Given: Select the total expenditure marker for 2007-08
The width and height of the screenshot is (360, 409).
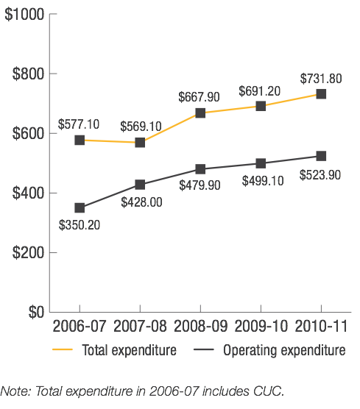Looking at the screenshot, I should tap(140, 142).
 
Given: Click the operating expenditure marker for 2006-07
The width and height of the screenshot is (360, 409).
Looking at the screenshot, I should tap(80, 207).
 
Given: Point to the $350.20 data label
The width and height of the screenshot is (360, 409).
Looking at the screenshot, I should tap(80, 224).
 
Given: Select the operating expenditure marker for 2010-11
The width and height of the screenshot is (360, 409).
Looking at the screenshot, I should tap(321, 156).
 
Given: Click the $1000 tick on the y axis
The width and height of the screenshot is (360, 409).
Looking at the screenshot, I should tap(24, 14).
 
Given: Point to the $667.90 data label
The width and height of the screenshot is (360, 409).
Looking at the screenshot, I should tap(201, 97).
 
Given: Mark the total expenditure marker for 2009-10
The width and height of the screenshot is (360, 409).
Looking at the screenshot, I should tap(261, 106).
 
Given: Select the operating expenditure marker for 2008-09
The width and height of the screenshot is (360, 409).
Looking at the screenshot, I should tap(200, 169).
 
